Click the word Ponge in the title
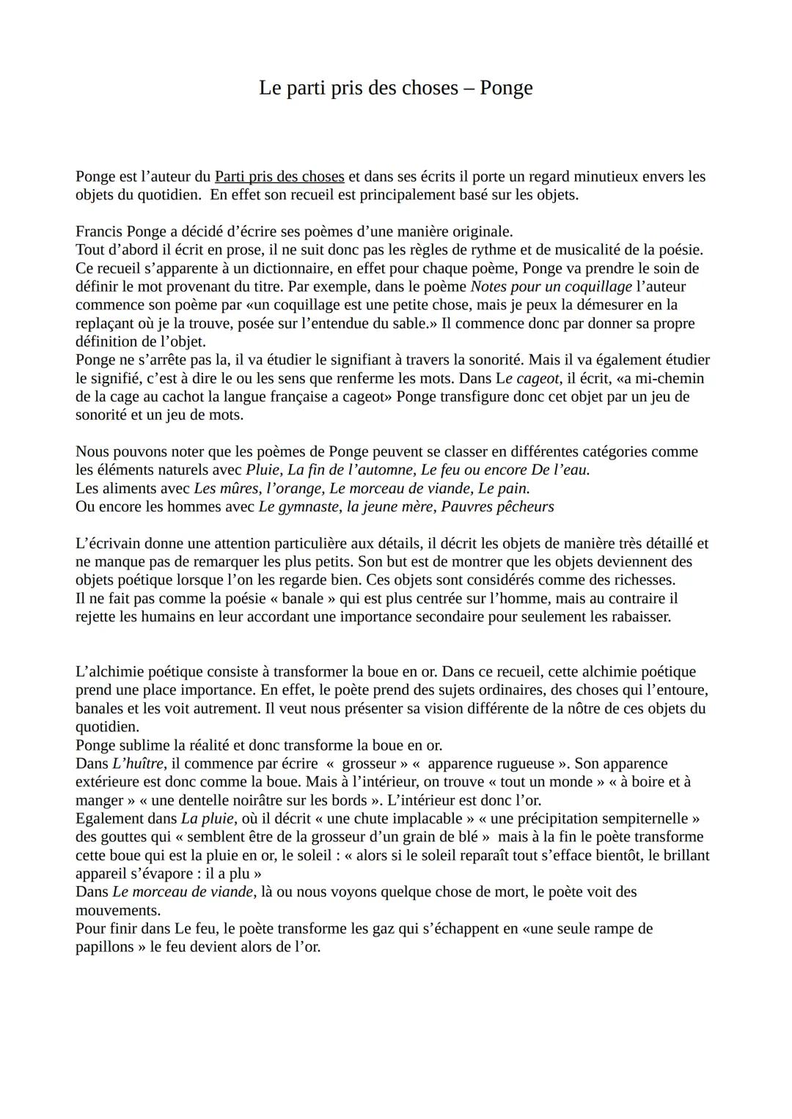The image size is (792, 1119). click(506, 88)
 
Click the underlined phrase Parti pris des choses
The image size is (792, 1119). click(279, 177)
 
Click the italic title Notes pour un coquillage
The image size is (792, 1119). click(551, 287)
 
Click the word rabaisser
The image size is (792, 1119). click(639, 616)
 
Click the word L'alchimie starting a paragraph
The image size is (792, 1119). click(110, 671)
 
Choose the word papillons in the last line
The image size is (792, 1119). click(105, 946)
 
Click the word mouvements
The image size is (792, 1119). click(117, 910)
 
